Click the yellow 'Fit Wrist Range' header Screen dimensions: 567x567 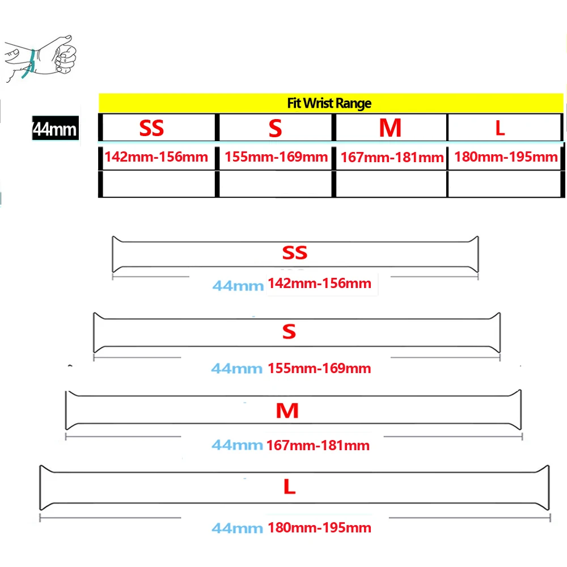pyautogui.click(x=329, y=103)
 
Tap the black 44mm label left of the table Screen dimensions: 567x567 pyautogui.click(x=54, y=129)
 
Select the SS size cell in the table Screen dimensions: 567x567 pyautogui.click(x=152, y=128)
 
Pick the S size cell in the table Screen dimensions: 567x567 pyautogui.click(x=275, y=129)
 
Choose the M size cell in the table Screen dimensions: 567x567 pyautogui.click(x=390, y=128)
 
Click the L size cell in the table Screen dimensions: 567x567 pyautogui.click(x=500, y=128)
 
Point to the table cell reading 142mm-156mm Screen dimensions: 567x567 pyautogui.click(x=156, y=156)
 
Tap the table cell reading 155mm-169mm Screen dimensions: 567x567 pyautogui.click(x=276, y=156)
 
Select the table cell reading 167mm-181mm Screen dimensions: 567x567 pyautogui.click(x=391, y=157)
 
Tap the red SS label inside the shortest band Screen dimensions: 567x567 pyautogui.click(x=294, y=252)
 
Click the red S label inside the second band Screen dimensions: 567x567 pyautogui.click(x=289, y=332)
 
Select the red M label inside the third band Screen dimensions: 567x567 pyautogui.click(x=287, y=411)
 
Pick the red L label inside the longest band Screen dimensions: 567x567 pyautogui.click(x=289, y=486)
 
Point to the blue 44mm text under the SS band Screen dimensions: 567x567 pyautogui.click(x=238, y=285)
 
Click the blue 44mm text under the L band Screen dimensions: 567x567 pyautogui.click(x=237, y=528)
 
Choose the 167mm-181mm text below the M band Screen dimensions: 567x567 pyautogui.click(x=318, y=446)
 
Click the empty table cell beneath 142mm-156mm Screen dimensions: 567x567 pyautogui.click(x=158, y=184)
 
